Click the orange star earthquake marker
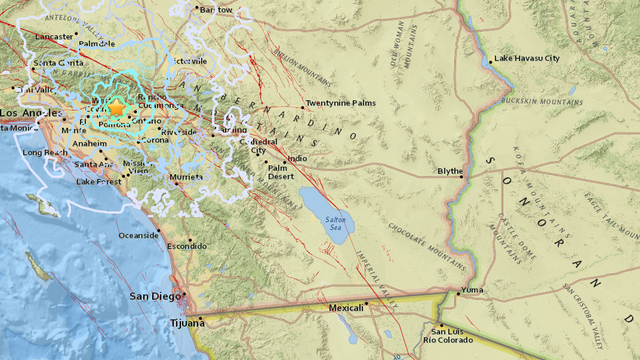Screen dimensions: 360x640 point(117,107)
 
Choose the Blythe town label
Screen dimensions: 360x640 point(450,171)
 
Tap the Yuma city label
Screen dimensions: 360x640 point(471,290)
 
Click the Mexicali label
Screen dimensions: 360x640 point(346,308)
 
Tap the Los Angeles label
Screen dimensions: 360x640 point(21,113)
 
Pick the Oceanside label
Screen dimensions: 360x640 point(138,235)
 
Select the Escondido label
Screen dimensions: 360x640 point(185,245)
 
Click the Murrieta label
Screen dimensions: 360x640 point(187,176)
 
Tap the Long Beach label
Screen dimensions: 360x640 point(44,153)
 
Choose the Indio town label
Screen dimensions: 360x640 point(297,159)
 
